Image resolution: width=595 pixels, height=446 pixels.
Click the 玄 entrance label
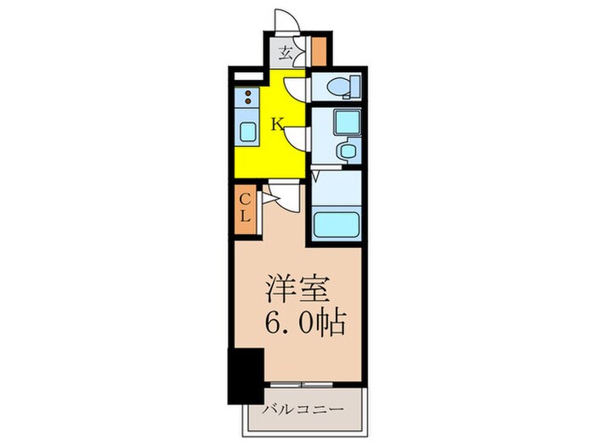tap(287, 53)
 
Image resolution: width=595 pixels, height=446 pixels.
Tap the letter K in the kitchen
tap(276, 125)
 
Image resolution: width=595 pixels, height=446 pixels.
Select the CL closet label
tap(244, 206)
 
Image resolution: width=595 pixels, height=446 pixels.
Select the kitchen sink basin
tap(247, 131)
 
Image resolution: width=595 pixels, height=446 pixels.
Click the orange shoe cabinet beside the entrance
tap(318, 53)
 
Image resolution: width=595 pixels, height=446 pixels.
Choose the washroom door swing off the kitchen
tap(296, 136)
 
